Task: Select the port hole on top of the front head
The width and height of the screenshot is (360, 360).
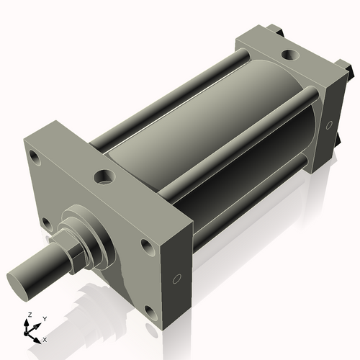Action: pyautogui.click(x=105, y=175)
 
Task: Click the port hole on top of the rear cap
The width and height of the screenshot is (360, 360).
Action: pyautogui.click(x=289, y=54)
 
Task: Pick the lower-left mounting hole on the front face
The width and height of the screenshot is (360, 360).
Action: pyautogui.click(x=45, y=222)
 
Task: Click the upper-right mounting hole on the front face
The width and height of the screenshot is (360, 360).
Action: pyautogui.click(x=148, y=247)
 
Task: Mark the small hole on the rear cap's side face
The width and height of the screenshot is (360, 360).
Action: pyautogui.click(x=329, y=125)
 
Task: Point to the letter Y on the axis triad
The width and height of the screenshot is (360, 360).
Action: pyautogui.click(x=44, y=318)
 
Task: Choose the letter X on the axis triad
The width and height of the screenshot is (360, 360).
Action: pyautogui.click(x=45, y=338)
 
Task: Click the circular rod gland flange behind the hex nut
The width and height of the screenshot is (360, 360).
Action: pyautogui.click(x=90, y=241)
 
